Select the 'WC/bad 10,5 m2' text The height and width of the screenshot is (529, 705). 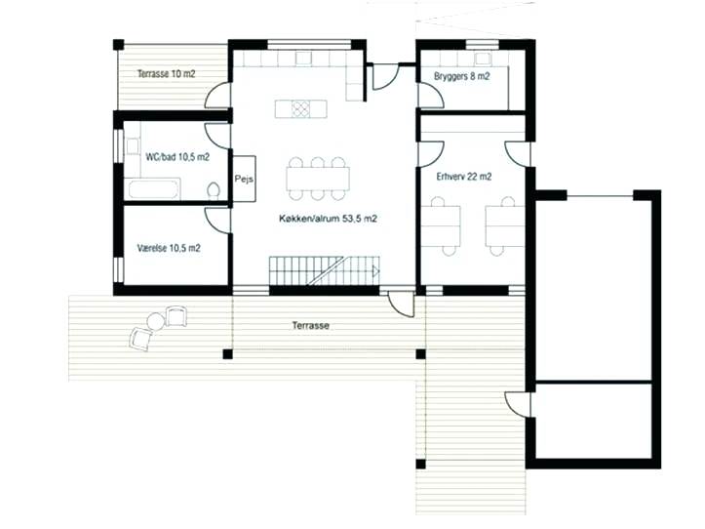pos(177,155)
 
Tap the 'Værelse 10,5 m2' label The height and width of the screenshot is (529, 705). pos(169,248)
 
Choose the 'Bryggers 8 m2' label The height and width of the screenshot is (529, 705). pos(456,75)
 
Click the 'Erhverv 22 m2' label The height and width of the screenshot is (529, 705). pos(457,177)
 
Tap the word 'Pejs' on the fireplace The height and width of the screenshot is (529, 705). pos(244,179)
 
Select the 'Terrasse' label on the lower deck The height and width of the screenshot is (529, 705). pos(309,326)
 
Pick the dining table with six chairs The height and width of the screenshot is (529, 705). pos(318,177)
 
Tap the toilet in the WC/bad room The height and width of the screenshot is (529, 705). pos(215,189)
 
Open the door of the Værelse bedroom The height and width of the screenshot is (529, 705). pos(218,219)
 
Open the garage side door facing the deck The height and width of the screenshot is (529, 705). pos(518,402)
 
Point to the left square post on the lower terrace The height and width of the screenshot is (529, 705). pos(228,353)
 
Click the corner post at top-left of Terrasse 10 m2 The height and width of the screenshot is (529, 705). pos(118,44)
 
